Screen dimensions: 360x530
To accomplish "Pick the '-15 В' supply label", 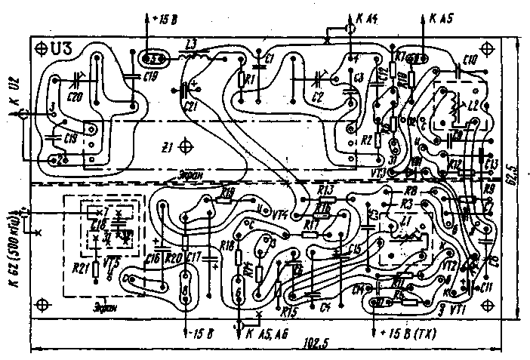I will [x=202, y=332].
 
